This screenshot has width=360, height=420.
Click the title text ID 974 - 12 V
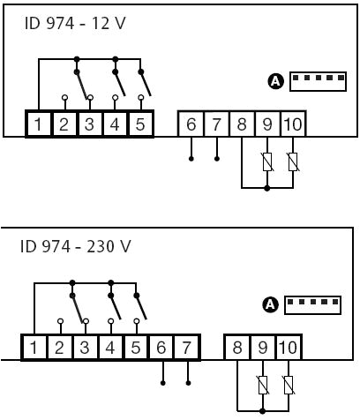coord(75,22)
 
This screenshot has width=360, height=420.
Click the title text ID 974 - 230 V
coord(75,246)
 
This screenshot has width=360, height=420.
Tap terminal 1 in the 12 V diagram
coord(38,124)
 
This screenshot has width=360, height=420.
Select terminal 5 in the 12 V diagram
coord(140,124)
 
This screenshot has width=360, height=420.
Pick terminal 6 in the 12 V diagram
coord(191,124)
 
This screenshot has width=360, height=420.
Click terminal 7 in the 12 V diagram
coord(217,124)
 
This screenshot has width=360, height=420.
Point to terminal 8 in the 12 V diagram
coord(242,124)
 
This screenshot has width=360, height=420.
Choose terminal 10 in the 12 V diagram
coord(292,124)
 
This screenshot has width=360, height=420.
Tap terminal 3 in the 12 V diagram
coord(89,124)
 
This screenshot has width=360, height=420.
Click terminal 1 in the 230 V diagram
coord(34,348)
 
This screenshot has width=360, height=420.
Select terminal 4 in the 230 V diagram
coord(109,348)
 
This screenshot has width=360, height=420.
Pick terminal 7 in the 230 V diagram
coord(186,348)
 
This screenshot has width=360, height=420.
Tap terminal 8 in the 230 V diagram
coord(237,348)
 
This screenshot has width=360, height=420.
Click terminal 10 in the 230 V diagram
coord(289,348)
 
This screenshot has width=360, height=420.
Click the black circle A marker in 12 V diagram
coord(274,81)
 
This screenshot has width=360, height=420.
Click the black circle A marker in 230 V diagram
coord(270,304)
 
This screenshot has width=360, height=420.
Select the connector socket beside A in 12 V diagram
coord(318,80)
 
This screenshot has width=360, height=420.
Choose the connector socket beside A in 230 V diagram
coord(313,304)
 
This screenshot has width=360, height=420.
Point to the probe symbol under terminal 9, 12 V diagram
coord(267,162)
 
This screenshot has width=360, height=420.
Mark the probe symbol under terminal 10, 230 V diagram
coord(289,386)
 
